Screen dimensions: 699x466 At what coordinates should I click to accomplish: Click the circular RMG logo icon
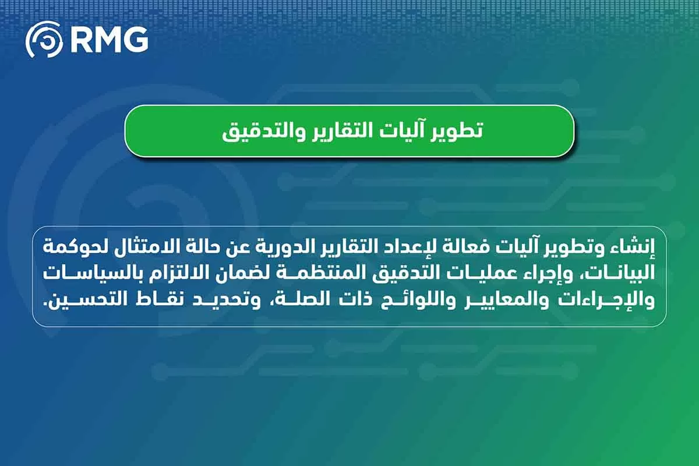[x=44, y=40]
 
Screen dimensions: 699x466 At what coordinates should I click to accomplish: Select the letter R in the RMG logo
[x=80, y=40]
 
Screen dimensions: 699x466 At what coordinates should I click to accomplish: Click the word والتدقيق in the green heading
[x=264, y=131]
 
